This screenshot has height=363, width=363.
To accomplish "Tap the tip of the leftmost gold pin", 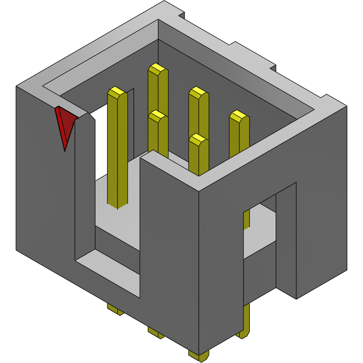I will (x=117, y=92).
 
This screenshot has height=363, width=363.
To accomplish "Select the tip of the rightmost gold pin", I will (x=239, y=115).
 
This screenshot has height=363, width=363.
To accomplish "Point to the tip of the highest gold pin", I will (x=157, y=68).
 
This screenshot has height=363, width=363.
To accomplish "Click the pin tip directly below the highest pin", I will (x=157, y=114).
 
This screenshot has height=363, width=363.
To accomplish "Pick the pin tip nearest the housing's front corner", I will (x=198, y=138).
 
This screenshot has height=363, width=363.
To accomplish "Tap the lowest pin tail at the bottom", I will (x=198, y=355).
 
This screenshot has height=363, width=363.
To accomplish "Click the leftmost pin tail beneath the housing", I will (x=115, y=310).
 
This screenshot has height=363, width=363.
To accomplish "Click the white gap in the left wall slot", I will (x=101, y=144).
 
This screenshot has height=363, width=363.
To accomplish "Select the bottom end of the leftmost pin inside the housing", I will (x=118, y=205).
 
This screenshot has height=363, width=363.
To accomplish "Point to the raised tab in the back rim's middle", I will (x=253, y=53).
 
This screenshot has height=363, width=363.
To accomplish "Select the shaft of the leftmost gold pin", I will (x=117, y=148).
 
